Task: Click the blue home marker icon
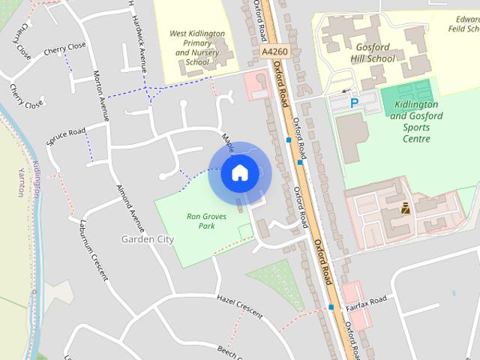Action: tap(239, 173)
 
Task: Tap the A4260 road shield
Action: tap(274, 51)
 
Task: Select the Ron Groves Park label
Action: tap(202, 221)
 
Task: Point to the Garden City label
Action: tap(147, 239)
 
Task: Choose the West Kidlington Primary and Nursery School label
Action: tap(196, 47)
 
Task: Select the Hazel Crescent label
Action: tap(239, 305)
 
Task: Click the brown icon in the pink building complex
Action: tap(405, 208)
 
